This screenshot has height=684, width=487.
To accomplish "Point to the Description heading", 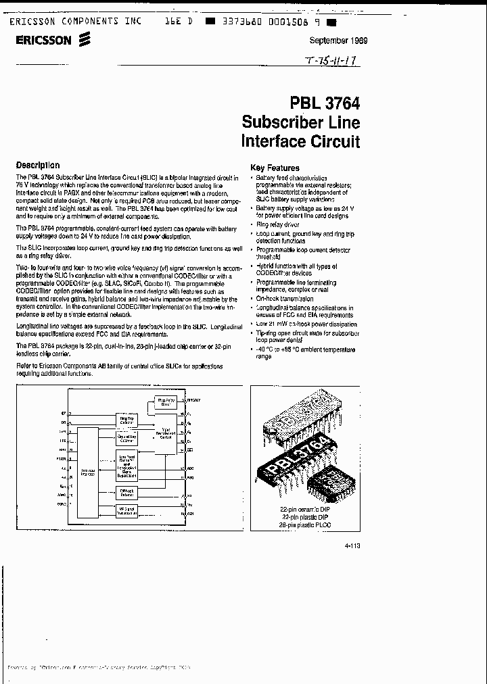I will point(38,165).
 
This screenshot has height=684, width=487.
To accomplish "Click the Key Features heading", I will point(275,168).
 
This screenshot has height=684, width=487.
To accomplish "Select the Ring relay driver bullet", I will point(277,224).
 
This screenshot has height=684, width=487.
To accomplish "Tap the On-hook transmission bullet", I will point(285,298).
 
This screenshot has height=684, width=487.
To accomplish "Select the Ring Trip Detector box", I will point(126,421).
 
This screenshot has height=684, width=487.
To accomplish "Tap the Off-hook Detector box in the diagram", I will point(126,493).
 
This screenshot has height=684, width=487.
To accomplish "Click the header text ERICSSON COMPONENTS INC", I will point(75,22).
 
